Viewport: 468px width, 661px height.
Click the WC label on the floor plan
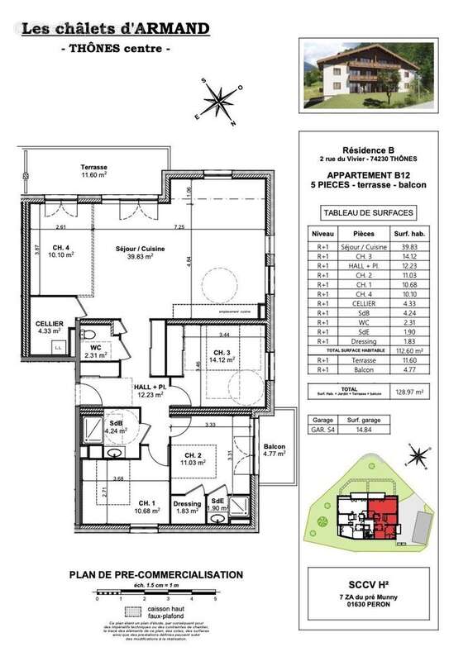tap(96, 350)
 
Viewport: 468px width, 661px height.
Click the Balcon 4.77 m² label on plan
tap(274, 449)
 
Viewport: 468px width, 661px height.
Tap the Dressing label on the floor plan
tap(186, 507)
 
